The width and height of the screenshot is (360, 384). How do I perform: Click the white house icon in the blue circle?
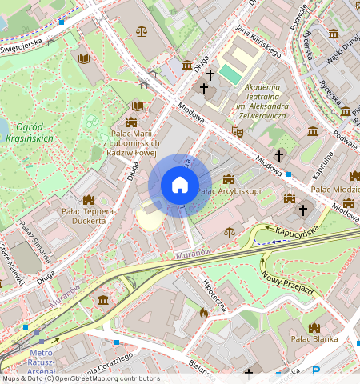pyautogui.click(x=180, y=186)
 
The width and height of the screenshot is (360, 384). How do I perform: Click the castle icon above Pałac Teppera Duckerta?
pyautogui.click(x=88, y=199)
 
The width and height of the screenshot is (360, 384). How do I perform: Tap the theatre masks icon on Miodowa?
pyautogui.click(x=236, y=130)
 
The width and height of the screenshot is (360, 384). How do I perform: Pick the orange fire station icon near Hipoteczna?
pyautogui.click(x=203, y=314)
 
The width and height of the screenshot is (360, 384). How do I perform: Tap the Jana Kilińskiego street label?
pyautogui.click(x=258, y=41)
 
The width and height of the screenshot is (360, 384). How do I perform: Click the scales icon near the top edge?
pyautogui.click(x=142, y=32)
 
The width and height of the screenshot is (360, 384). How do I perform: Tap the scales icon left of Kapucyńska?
pyautogui.click(x=230, y=233)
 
